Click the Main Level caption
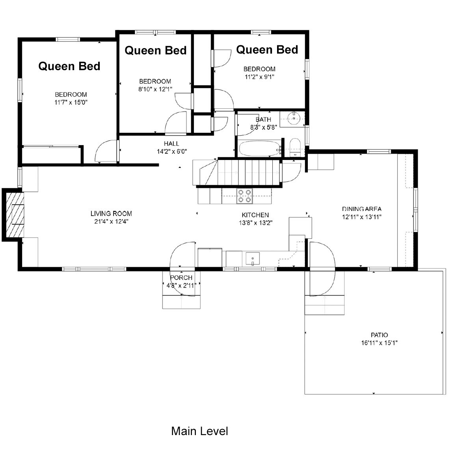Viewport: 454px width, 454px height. click(199, 431)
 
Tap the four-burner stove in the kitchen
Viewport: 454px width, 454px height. click(245, 196)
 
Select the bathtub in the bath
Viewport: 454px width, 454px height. click(259, 149)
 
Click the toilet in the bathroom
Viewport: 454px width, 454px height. click(295, 147)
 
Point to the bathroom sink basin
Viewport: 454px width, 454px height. click(294, 118)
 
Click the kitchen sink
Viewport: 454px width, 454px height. click(253, 259)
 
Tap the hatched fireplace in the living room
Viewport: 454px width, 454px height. click(15, 214)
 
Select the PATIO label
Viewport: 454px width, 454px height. click(379, 335)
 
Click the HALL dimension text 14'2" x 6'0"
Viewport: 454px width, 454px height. click(172, 151)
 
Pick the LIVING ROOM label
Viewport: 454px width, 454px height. click(111, 214)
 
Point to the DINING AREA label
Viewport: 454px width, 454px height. click(362, 209)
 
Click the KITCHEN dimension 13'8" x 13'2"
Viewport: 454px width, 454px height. click(256, 223)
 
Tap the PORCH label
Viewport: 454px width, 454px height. click(181, 278)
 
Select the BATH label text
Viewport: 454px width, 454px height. click(263, 119)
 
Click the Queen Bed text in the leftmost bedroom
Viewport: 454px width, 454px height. click(69, 66)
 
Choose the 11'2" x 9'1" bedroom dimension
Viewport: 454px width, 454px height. click(259, 77)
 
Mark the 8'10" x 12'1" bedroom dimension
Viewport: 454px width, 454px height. click(155, 89)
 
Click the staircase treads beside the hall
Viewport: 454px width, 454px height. click(248, 173)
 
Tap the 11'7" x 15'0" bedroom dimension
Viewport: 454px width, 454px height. click(71, 102)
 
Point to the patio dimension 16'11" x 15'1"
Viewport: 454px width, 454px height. click(379, 343)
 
